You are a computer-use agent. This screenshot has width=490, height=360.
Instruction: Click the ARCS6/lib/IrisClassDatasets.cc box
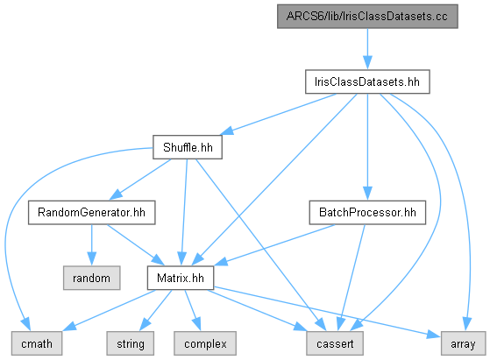367,17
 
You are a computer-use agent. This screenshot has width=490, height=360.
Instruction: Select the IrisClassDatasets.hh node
367,81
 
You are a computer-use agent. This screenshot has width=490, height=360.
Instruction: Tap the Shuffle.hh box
188,147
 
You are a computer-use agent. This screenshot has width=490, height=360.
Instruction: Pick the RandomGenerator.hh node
91,212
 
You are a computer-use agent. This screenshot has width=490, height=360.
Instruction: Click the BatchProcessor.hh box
367,212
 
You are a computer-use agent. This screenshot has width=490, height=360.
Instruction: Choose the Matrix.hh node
181,278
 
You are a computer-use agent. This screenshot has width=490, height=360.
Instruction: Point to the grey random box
91,278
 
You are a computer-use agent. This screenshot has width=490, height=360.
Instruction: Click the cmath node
37,343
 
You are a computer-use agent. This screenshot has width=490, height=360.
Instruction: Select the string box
131,343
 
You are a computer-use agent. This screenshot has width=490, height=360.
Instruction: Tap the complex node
205,343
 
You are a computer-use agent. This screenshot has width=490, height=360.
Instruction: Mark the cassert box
335,343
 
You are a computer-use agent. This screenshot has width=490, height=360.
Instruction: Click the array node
463,343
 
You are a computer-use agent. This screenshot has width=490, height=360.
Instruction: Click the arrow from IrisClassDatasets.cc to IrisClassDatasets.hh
367,49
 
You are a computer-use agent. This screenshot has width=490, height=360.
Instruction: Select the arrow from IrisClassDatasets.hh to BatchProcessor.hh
367,147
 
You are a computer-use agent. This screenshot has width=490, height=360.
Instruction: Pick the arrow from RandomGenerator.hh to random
91,245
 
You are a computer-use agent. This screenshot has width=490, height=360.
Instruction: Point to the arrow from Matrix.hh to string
155,310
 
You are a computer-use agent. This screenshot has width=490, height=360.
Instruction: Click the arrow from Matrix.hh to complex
193,310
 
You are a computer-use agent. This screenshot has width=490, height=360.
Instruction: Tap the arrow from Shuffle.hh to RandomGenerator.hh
140,180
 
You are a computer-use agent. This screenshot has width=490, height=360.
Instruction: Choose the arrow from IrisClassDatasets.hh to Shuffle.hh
279,114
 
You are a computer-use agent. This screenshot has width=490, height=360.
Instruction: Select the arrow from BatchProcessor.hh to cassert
352,278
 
